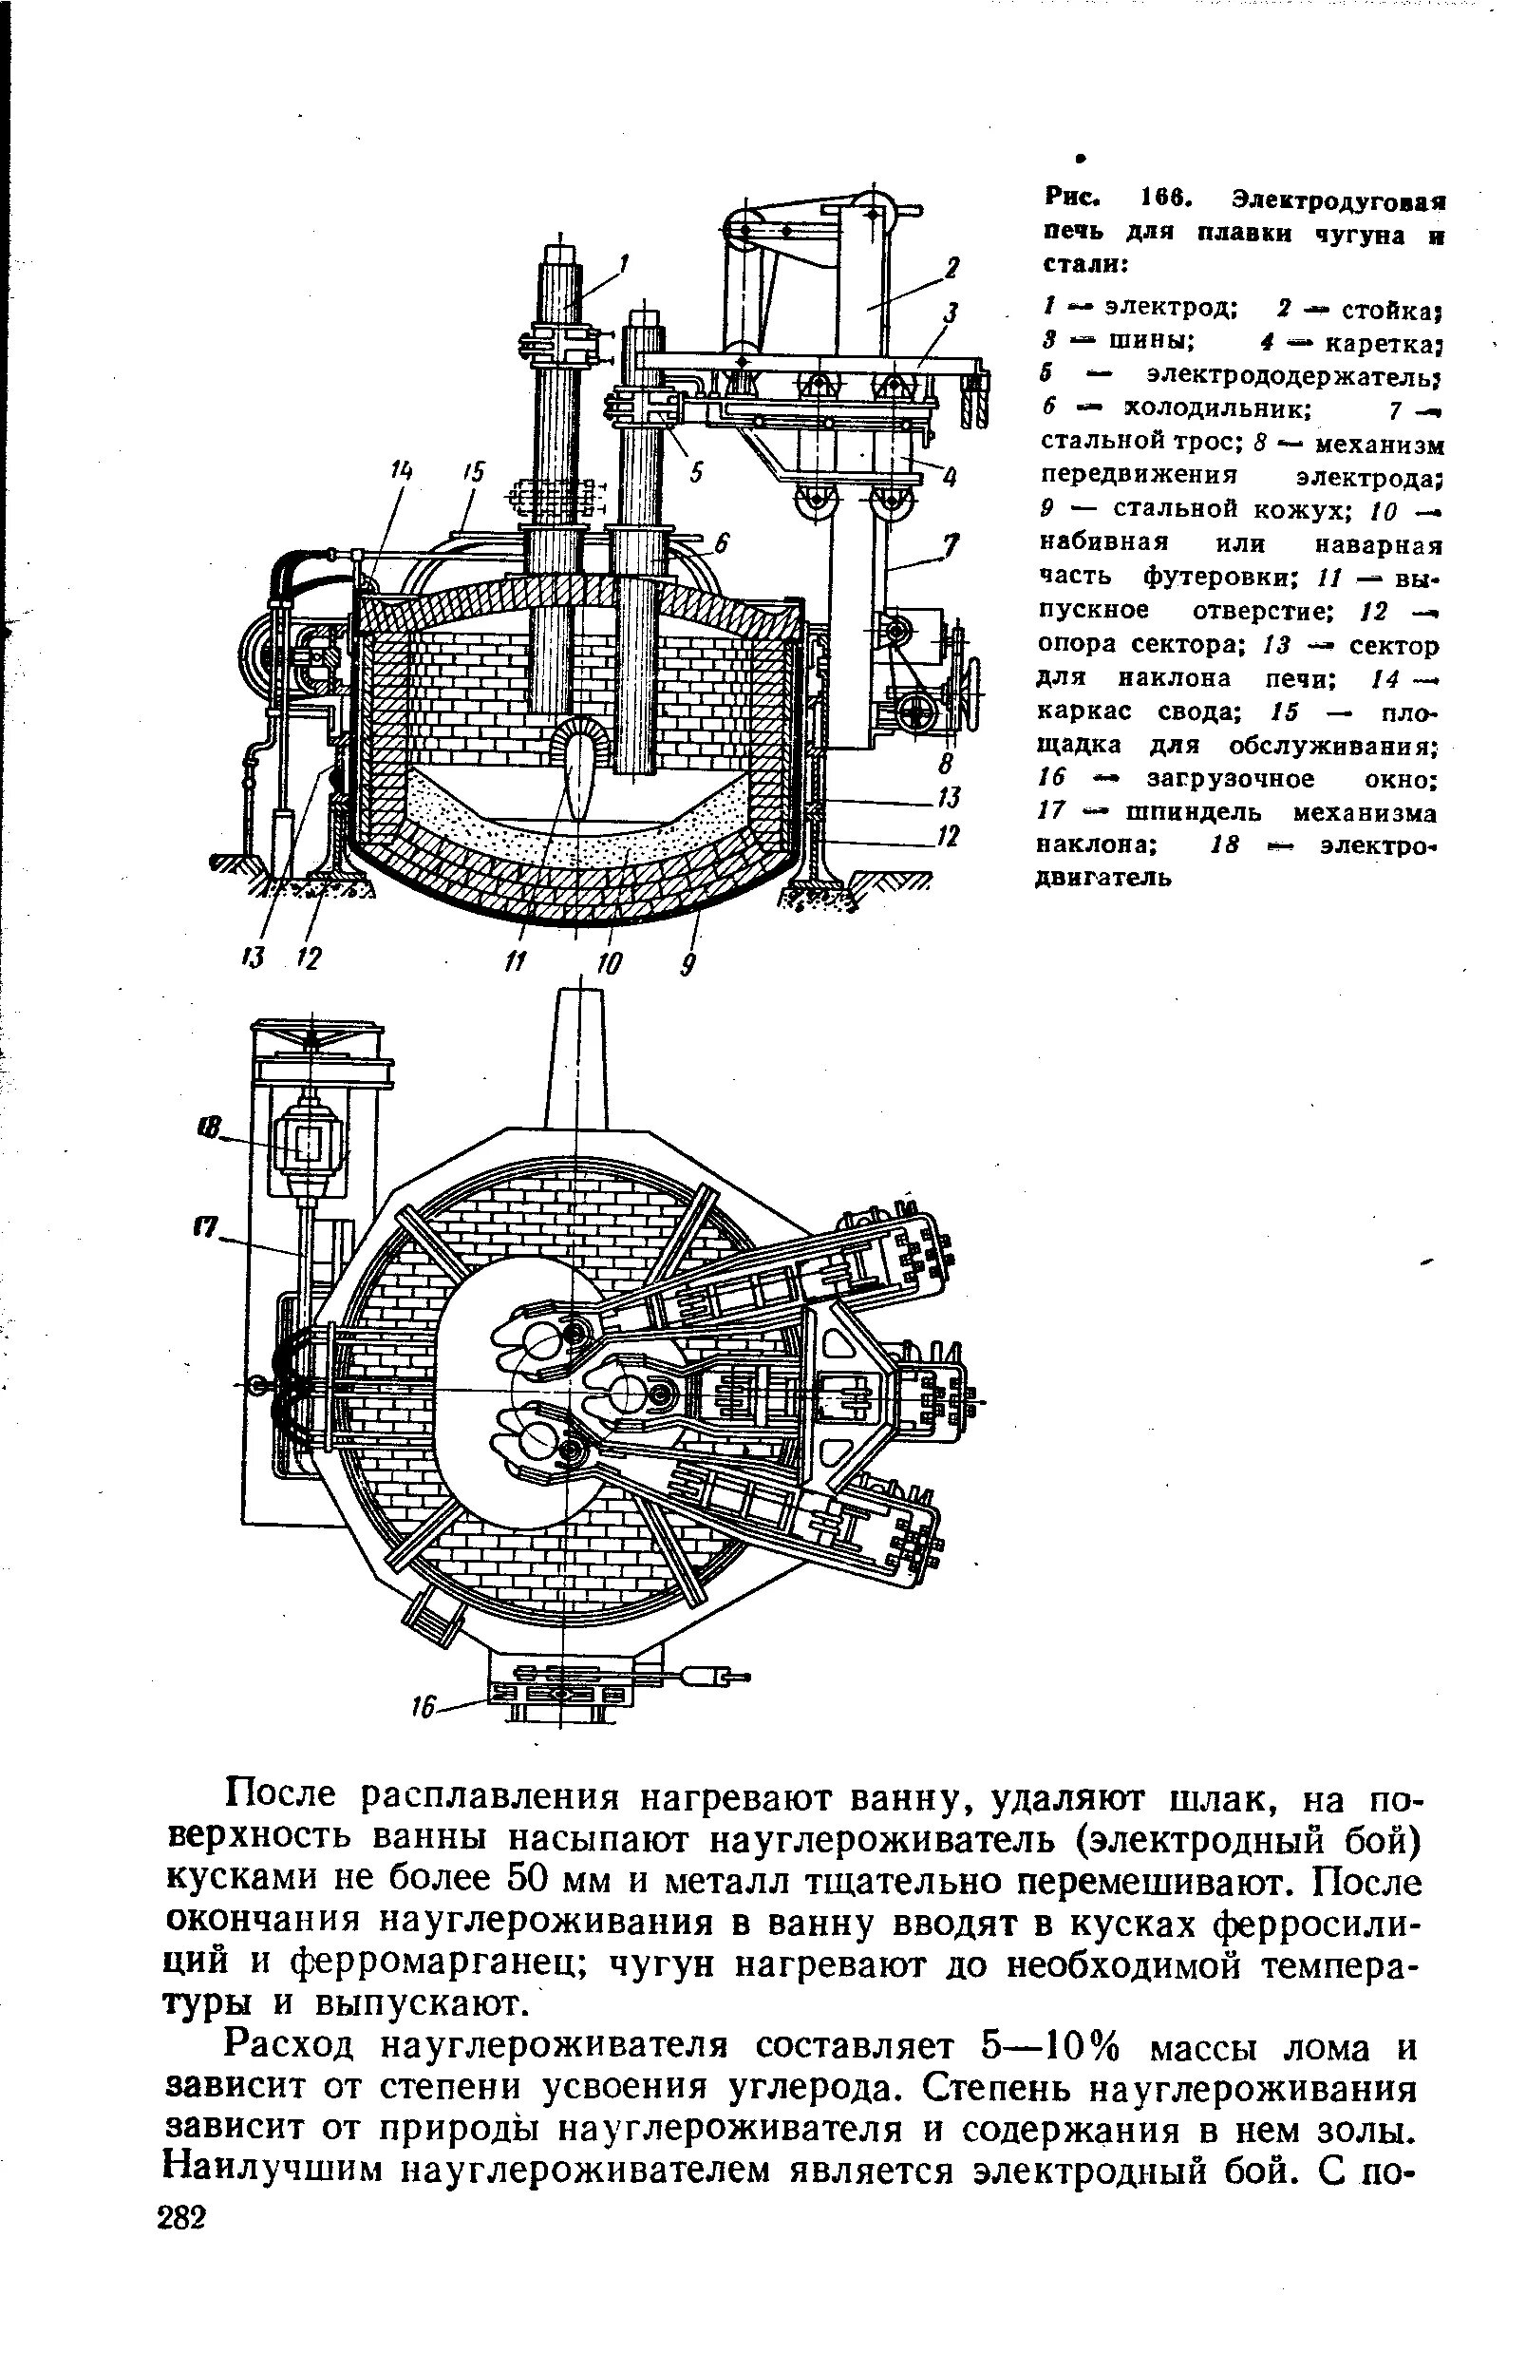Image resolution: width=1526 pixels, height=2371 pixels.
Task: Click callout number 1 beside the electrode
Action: [623, 263]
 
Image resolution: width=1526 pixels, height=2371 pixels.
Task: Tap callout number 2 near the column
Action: [951, 268]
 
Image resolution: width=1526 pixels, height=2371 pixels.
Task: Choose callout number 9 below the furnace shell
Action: [686, 962]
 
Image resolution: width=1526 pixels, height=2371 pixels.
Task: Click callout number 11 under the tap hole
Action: [516, 960]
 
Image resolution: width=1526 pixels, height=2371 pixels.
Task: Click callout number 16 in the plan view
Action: [425, 1709]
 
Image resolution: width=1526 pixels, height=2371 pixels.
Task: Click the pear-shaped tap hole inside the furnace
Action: [576, 778]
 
